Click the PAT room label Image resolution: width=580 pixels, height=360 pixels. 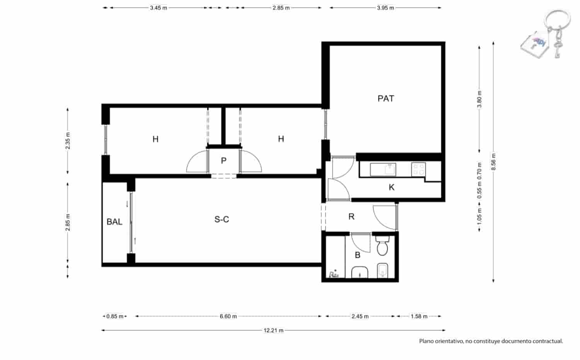point(386,99)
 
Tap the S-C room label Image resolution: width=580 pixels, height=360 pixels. point(222,220)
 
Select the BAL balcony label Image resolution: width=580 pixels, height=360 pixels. point(114,222)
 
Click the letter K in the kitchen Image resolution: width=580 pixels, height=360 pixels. point(391,188)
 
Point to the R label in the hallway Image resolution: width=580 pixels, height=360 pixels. point(351,217)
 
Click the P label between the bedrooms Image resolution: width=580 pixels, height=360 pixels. point(223,161)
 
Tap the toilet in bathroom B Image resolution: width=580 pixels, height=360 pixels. point(382,246)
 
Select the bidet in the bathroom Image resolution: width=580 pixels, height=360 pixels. point(382,270)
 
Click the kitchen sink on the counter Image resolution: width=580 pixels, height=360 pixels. point(383,169)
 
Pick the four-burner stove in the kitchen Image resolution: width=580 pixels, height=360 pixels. point(418,169)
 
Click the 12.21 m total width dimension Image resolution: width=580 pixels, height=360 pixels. point(273,331)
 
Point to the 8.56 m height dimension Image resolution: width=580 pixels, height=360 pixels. point(493,162)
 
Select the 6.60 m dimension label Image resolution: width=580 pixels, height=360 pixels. point(228,316)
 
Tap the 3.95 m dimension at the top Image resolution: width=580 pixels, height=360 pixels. point(385,8)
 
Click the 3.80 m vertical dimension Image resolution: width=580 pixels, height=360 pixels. point(479,99)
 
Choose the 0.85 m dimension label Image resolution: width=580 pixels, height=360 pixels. point(115,316)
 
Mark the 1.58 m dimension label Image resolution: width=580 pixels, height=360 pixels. point(419,316)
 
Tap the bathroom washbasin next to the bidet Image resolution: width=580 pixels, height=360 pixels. point(360,272)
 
